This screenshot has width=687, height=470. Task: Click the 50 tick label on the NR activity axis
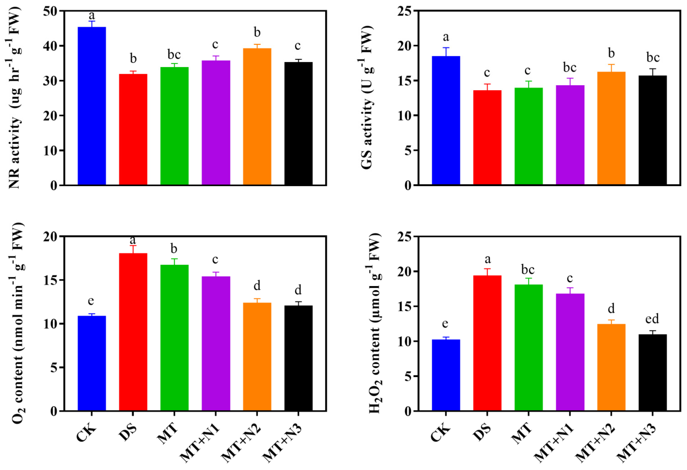(51, 11)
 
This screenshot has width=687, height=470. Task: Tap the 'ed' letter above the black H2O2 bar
(652, 319)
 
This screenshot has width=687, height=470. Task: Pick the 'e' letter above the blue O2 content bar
(91, 301)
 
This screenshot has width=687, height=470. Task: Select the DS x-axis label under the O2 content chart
(128, 433)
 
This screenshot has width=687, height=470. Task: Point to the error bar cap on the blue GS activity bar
(446, 48)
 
